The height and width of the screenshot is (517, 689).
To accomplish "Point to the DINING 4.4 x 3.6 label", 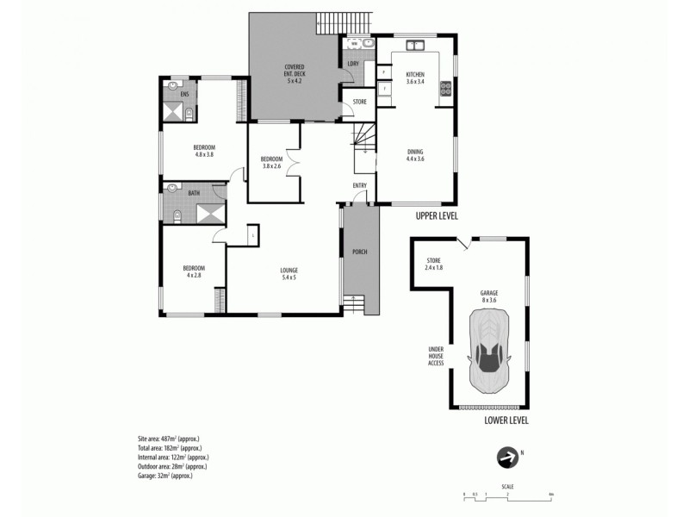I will (x=416, y=155).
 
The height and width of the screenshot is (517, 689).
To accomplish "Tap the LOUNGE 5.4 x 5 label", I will (x=289, y=274).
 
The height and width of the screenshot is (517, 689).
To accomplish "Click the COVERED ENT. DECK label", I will (x=295, y=71).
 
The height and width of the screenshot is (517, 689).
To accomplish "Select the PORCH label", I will (x=360, y=252).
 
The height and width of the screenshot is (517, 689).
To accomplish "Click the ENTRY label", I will (x=360, y=185).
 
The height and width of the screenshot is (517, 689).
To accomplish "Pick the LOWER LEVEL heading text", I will (x=500, y=420).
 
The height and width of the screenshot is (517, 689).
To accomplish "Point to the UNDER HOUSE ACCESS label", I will (x=436, y=356).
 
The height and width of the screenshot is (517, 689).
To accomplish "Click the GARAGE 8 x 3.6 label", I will (x=488, y=296).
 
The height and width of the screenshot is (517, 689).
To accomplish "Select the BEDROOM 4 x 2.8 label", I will (x=193, y=271).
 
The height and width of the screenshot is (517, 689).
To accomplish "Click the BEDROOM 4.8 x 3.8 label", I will (x=204, y=151).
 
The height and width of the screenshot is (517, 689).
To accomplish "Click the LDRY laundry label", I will (x=352, y=63).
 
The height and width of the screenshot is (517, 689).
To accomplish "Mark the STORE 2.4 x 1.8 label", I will (x=434, y=265).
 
